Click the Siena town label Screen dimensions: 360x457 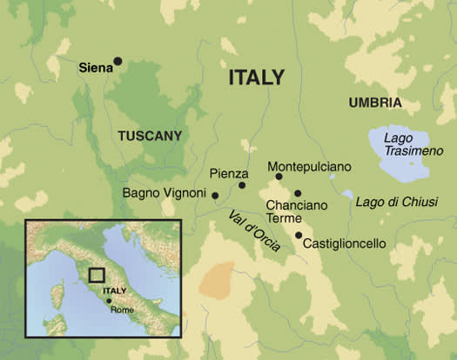95,66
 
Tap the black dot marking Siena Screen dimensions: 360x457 118,61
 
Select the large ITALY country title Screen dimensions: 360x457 256,77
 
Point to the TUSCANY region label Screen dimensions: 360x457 150,136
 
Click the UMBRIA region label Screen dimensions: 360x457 375,103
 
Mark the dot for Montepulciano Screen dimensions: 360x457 279,177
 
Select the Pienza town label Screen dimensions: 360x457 230,173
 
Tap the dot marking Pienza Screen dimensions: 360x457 243,184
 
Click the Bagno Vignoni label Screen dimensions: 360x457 165,192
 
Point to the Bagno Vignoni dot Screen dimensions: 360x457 215,195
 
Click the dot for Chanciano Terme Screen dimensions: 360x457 298,193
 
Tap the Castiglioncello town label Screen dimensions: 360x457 344,244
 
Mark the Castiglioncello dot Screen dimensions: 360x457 299,235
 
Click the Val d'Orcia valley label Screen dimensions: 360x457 253,232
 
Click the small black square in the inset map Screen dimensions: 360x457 97,276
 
